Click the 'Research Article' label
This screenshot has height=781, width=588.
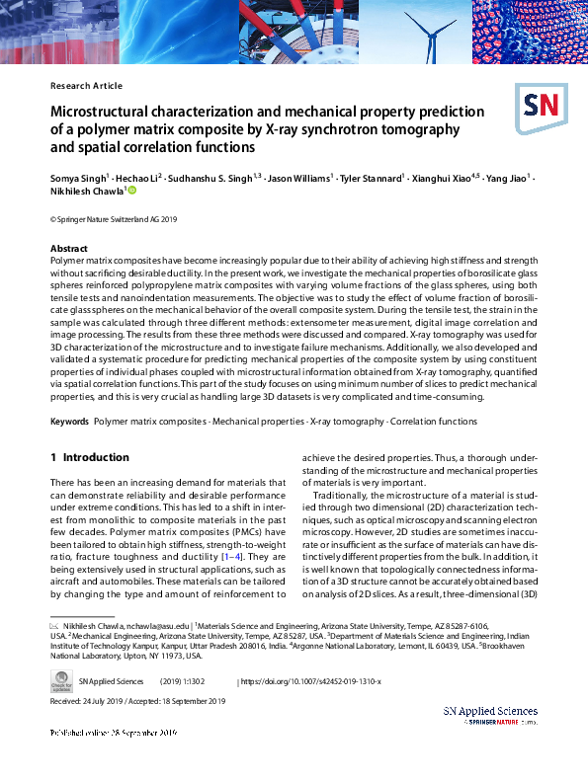tap(86, 86)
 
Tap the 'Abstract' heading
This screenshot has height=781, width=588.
tap(68, 248)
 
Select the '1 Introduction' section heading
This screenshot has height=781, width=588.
tap(90, 458)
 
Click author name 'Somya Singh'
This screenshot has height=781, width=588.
tap(75, 177)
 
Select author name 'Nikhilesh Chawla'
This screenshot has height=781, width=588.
tap(86, 192)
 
